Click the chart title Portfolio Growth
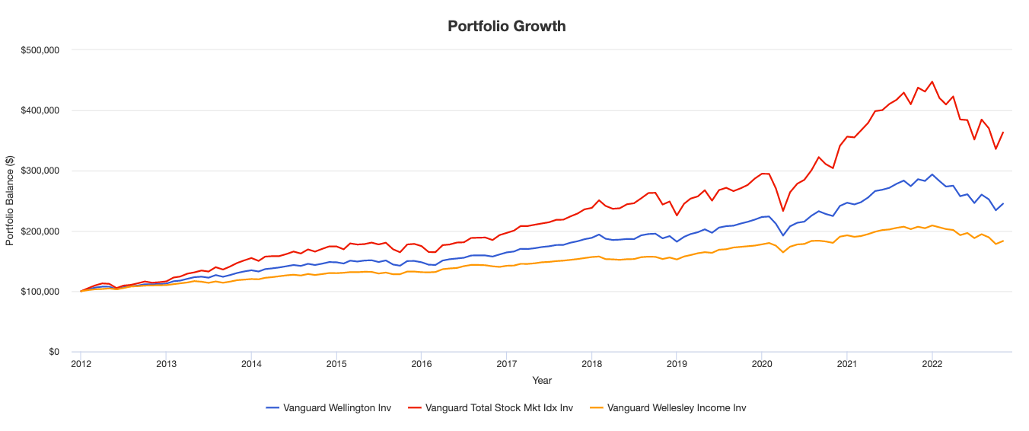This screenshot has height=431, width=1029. pyautogui.click(x=506, y=26)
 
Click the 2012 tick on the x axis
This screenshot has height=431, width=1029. pyautogui.click(x=81, y=364)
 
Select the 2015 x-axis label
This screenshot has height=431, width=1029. pyautogui.click(x=336, y=364)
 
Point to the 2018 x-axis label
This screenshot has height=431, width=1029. pyautogui.click(x=591, y=364)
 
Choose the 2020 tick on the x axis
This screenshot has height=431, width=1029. pyautogui.click(x=762, y=364)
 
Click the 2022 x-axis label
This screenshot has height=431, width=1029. pyautogui.click(x=932, y=364)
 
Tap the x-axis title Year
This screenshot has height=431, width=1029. pyautogui.click(x=543, y=380)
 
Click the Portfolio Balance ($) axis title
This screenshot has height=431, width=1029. pyautogui.click(x=10, y=201)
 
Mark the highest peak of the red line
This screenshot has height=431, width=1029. pyautogui.click(x=932, y=81)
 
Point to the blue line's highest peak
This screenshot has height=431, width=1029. pyautogui.click(x=932, y=174)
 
